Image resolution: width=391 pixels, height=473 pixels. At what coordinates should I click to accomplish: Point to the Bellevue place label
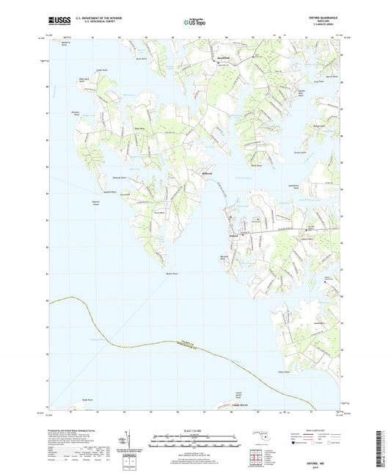[x=207, y=173]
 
